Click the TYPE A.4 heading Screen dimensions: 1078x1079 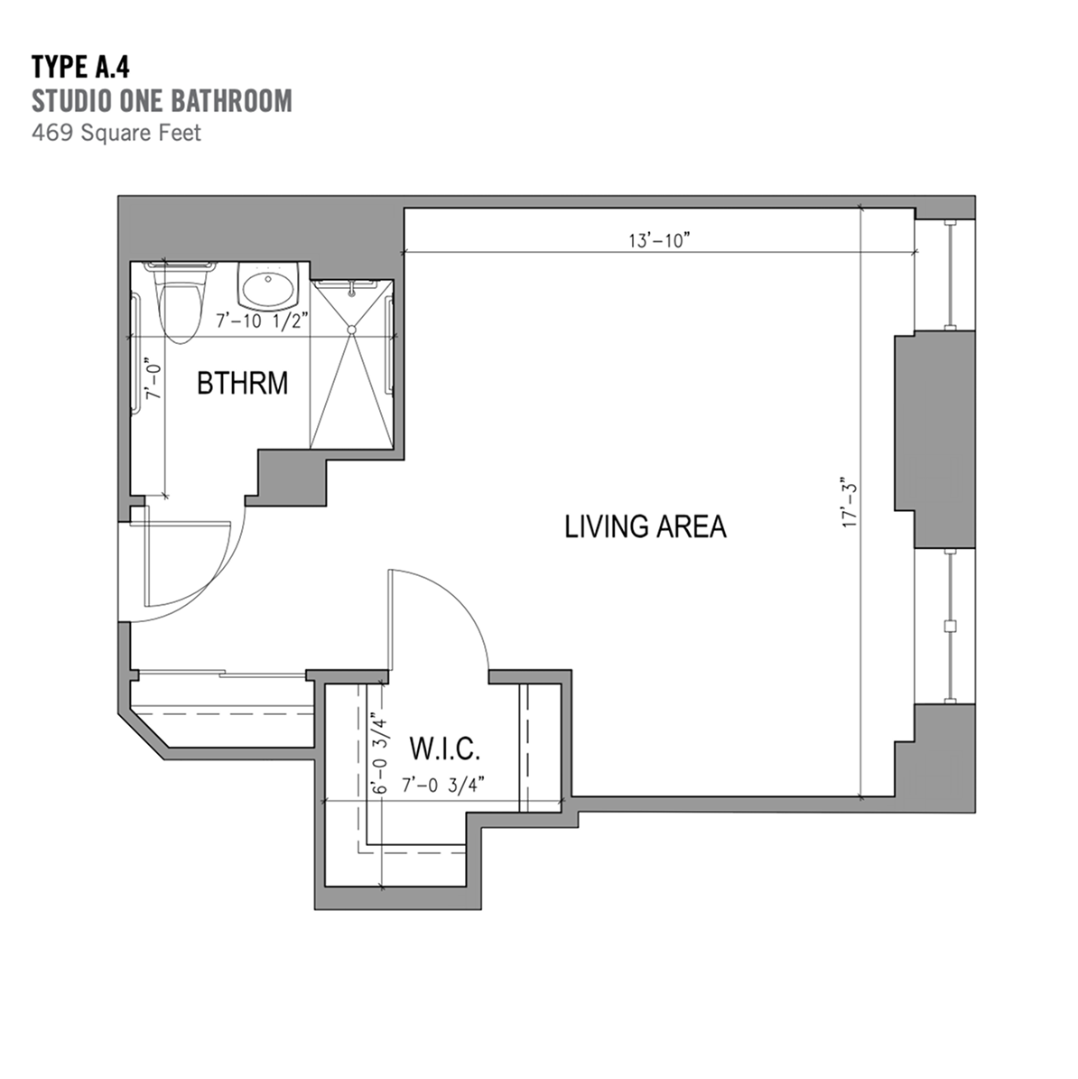pos(80,68)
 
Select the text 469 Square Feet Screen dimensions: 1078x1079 pos(116,132)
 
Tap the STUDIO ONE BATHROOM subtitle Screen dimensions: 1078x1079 pos(162,100)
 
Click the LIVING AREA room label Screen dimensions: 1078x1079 pos(646,526)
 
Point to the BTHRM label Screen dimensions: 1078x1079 pos(242,383)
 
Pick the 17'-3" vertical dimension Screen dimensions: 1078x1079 pos(851,503)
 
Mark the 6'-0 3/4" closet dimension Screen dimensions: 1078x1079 pos(379,757)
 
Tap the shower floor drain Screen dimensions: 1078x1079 pos(351,330)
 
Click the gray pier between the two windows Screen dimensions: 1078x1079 pos(934,440)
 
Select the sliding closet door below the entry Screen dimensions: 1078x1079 pos(221,674)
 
